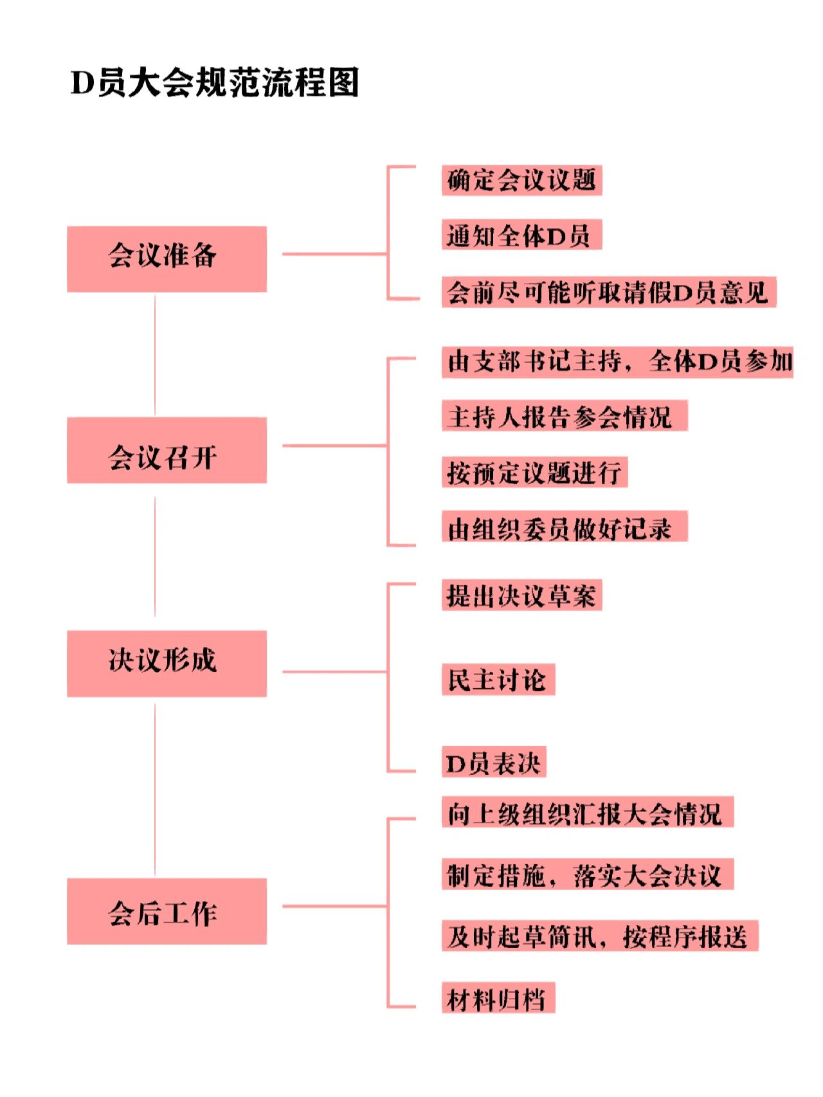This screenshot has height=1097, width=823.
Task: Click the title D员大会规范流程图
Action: (x=214, y=83)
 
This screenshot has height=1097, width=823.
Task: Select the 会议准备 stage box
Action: (x=167, y=259)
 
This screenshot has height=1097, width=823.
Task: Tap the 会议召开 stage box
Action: (x=167, y=450)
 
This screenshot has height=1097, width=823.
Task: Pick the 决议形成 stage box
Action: (x=167, y=664)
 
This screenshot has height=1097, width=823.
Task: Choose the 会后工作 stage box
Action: (x=167, y=911)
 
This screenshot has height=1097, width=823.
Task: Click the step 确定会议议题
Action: (x=521, y=180)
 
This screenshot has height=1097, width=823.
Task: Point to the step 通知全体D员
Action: (x=521, y=235)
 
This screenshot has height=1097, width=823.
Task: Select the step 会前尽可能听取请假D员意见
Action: (x=609, y=292)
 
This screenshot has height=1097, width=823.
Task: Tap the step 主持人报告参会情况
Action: (x=565, y=415)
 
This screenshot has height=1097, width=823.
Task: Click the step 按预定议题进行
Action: (x=534, y=472)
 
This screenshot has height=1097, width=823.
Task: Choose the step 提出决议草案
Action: (x=521, y=595)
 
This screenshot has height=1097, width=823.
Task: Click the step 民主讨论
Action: (x=498, y=680)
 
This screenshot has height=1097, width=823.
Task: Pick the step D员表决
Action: (x=494, y=762)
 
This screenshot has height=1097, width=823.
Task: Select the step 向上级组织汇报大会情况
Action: (x=588, y=812)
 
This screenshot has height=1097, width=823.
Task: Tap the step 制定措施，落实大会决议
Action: (x=588, y=875)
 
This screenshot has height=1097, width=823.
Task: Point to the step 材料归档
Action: (x=498, y=998)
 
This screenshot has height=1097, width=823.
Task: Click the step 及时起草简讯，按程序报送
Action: (x=600, y=936)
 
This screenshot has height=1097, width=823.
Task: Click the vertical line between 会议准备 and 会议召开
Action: (x=155, y=355)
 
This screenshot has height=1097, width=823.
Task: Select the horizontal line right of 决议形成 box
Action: (x=335, y=672)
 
